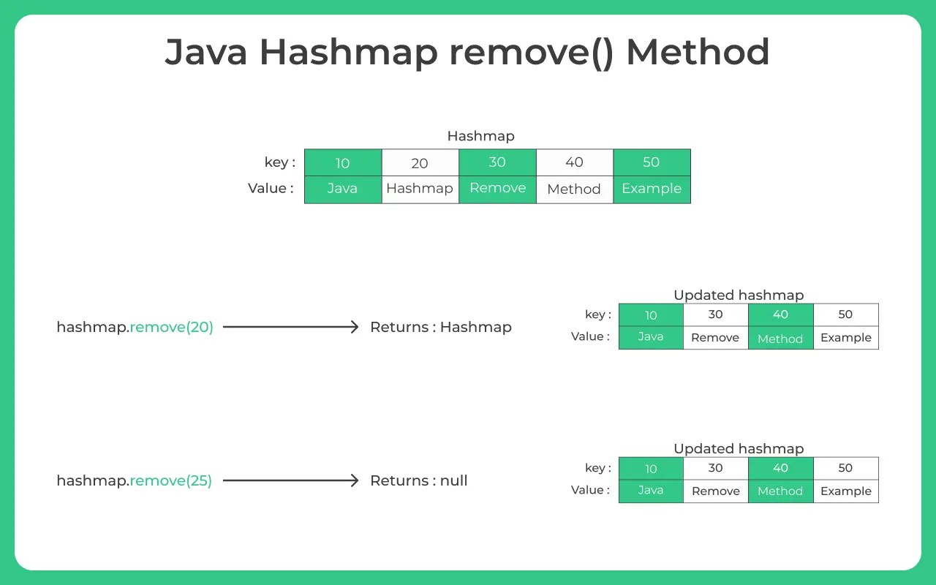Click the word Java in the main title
206,53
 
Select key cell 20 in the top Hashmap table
420,163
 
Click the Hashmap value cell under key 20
420,189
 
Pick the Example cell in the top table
652,189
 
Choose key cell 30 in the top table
497,162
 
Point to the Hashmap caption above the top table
480,136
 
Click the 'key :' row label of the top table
280,162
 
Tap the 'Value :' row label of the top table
271,189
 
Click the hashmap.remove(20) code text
135,327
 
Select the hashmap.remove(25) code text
134,480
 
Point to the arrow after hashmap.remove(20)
290,327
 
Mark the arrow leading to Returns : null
290,480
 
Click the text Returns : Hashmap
440,327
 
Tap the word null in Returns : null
453,480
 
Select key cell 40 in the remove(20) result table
780,314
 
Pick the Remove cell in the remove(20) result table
715,338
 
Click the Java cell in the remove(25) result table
650,491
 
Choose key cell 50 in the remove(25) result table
845,468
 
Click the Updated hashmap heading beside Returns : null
739,448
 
